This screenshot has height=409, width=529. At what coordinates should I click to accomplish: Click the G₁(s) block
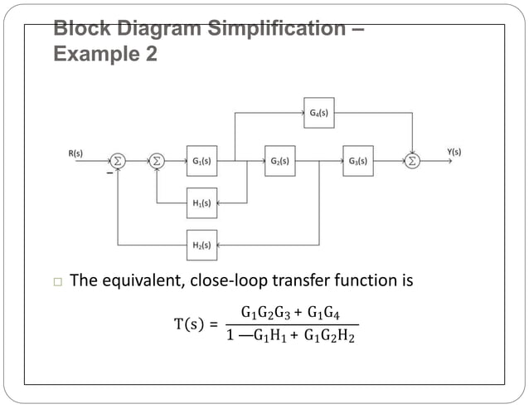tap(201, 161)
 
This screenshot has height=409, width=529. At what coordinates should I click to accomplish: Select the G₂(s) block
tap(279, 161)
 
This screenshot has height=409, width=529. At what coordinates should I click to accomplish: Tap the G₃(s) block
tap(357, 161)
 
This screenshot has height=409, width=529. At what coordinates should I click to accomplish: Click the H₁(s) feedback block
tap(201, 202)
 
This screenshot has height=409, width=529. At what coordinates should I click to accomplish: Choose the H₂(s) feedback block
tap(201, 245)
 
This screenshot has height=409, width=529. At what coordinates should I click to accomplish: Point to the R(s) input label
tap(75, 153)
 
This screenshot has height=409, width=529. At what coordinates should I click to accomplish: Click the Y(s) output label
tap(454, 152)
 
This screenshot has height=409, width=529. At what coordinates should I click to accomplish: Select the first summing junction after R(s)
tap(119, 161)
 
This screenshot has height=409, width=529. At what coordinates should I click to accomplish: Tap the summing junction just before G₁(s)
tap(157, 161)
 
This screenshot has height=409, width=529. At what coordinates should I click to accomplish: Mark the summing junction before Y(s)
tap(412, 161)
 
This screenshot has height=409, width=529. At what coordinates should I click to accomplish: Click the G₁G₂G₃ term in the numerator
tap(266, 314)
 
